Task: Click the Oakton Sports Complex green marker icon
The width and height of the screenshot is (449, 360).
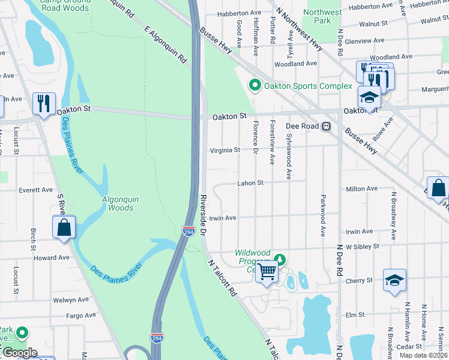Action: (x=255, y=86)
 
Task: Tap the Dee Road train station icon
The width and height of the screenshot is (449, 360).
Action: (x=327, y=127)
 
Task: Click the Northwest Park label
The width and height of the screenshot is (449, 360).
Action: (x=322, y=16)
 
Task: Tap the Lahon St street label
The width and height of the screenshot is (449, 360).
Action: (x=250, y=182)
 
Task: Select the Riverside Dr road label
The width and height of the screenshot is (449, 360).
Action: (x=203, y=214)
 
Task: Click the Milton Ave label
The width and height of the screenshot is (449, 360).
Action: (x=363, y=188)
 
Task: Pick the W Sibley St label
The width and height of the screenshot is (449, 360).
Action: (x=363, y=246)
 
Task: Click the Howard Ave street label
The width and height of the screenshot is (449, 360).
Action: (x=52, y=258)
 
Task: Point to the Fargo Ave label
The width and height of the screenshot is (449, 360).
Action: (x=80, y=315)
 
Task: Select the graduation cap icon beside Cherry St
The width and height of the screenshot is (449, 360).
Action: (x=394, y=280)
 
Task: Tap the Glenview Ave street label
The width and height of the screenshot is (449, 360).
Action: (x=368, y=40)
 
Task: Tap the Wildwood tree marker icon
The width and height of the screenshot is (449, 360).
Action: (x=279, y=259)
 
